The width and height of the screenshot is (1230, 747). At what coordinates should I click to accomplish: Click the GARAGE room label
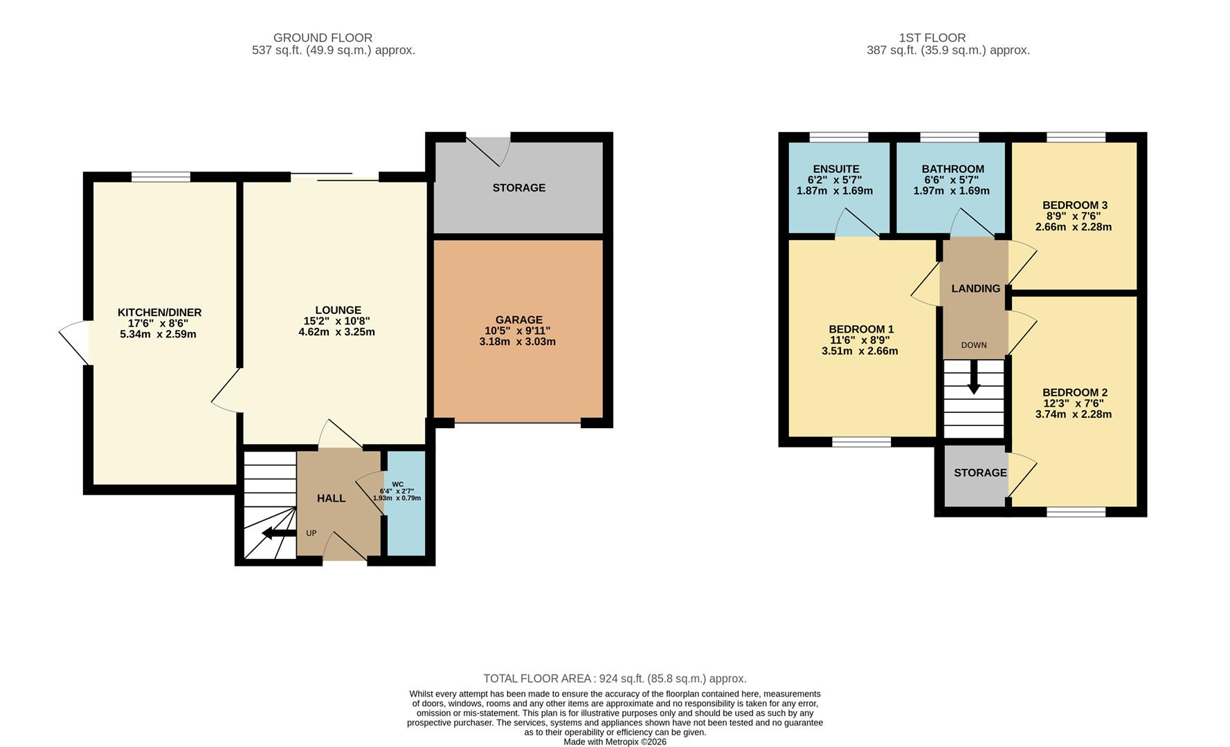click(x=518, y=320)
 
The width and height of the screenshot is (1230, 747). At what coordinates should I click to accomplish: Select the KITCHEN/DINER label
click(x=159, y=313)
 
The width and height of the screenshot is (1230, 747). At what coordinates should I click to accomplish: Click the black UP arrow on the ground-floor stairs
click(x=279, y=533)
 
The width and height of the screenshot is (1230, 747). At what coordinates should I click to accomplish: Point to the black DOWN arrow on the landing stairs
click(x=973, y=380)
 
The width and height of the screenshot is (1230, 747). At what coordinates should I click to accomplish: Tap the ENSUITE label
click(x=835, y=169)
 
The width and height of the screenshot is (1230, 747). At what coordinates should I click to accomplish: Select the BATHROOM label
click(x=952, y=169)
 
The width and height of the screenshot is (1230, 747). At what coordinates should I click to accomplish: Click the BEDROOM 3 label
click(x=1074, y=205)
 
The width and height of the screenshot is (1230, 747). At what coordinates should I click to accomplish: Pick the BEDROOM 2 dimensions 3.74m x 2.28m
click(x=1073, y=414)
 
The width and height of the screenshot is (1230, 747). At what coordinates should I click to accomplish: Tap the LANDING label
click(x=975, y=288)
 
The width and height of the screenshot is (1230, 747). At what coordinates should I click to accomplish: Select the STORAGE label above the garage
click(x=518, y=187)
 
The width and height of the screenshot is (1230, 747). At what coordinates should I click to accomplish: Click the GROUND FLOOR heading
click(x=323, y=37)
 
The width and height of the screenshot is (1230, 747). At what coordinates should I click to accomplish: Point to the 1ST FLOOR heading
click(x=932, y=37)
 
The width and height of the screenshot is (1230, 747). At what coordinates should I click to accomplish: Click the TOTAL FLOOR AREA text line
click(x=614, y=679)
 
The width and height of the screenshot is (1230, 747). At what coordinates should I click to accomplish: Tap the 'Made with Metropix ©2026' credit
click(x=615, y=741)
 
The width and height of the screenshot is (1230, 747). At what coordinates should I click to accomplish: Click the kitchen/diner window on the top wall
click(x=161, y=177)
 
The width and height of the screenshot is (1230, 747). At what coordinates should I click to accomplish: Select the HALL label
click(x=331, y=498)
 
